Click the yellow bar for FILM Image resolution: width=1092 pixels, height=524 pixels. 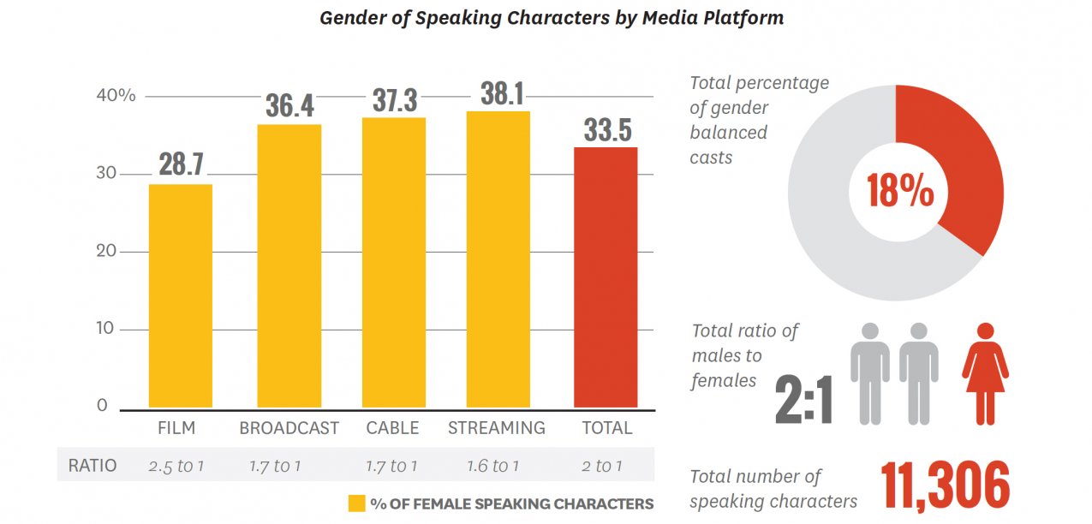[x=181, y=295]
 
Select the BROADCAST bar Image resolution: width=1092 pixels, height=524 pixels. [x=289, y=265]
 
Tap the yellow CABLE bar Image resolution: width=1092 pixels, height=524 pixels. [x=393, y=262]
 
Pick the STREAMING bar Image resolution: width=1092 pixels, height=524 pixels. [x=498, y=259]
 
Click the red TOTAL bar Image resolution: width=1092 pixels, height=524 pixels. [x=606, y=277]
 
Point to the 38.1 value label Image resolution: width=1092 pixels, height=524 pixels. [x=501, y=93]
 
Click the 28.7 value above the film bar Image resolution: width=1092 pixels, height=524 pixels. [x=181, y=164]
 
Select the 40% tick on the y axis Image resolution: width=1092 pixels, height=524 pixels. [x=116, y=96]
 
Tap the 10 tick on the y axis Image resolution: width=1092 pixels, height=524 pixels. [x=104, y=329]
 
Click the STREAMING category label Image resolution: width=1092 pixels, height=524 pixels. [x=497, y=428]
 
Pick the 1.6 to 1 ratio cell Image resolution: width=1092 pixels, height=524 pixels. [x=492, y=467]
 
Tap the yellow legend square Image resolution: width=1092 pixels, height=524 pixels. [x=356, y=503]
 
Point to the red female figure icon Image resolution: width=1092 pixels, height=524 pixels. [x=985, y=372]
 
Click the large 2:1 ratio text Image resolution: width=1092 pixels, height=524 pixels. [x=803, y=401]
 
